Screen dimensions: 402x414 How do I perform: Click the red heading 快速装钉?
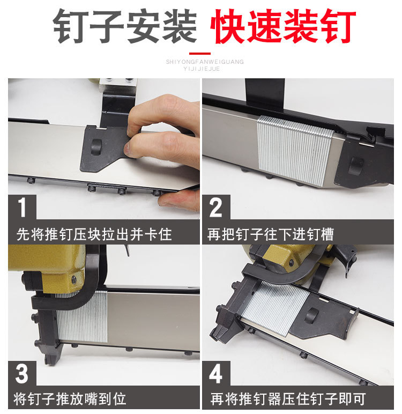coord(282,26)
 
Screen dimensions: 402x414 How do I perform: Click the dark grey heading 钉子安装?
coord(124,26)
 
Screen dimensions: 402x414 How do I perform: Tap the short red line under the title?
coord(200,54)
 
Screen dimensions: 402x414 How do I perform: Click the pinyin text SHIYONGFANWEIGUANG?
coord(205,62)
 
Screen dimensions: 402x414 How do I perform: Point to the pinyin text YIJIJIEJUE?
coord(202,69)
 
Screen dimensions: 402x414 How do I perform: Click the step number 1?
coord(22,208)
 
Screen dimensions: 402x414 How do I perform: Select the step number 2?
coord(215,208)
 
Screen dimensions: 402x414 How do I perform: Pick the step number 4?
coord(215,374)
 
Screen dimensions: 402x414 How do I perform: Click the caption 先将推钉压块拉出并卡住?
coord(94,234)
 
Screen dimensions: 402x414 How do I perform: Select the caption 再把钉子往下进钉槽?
coord(270,234)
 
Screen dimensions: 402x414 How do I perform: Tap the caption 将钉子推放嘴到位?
coord(70,398)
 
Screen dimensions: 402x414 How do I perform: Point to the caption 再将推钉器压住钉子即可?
coord(288,398)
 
